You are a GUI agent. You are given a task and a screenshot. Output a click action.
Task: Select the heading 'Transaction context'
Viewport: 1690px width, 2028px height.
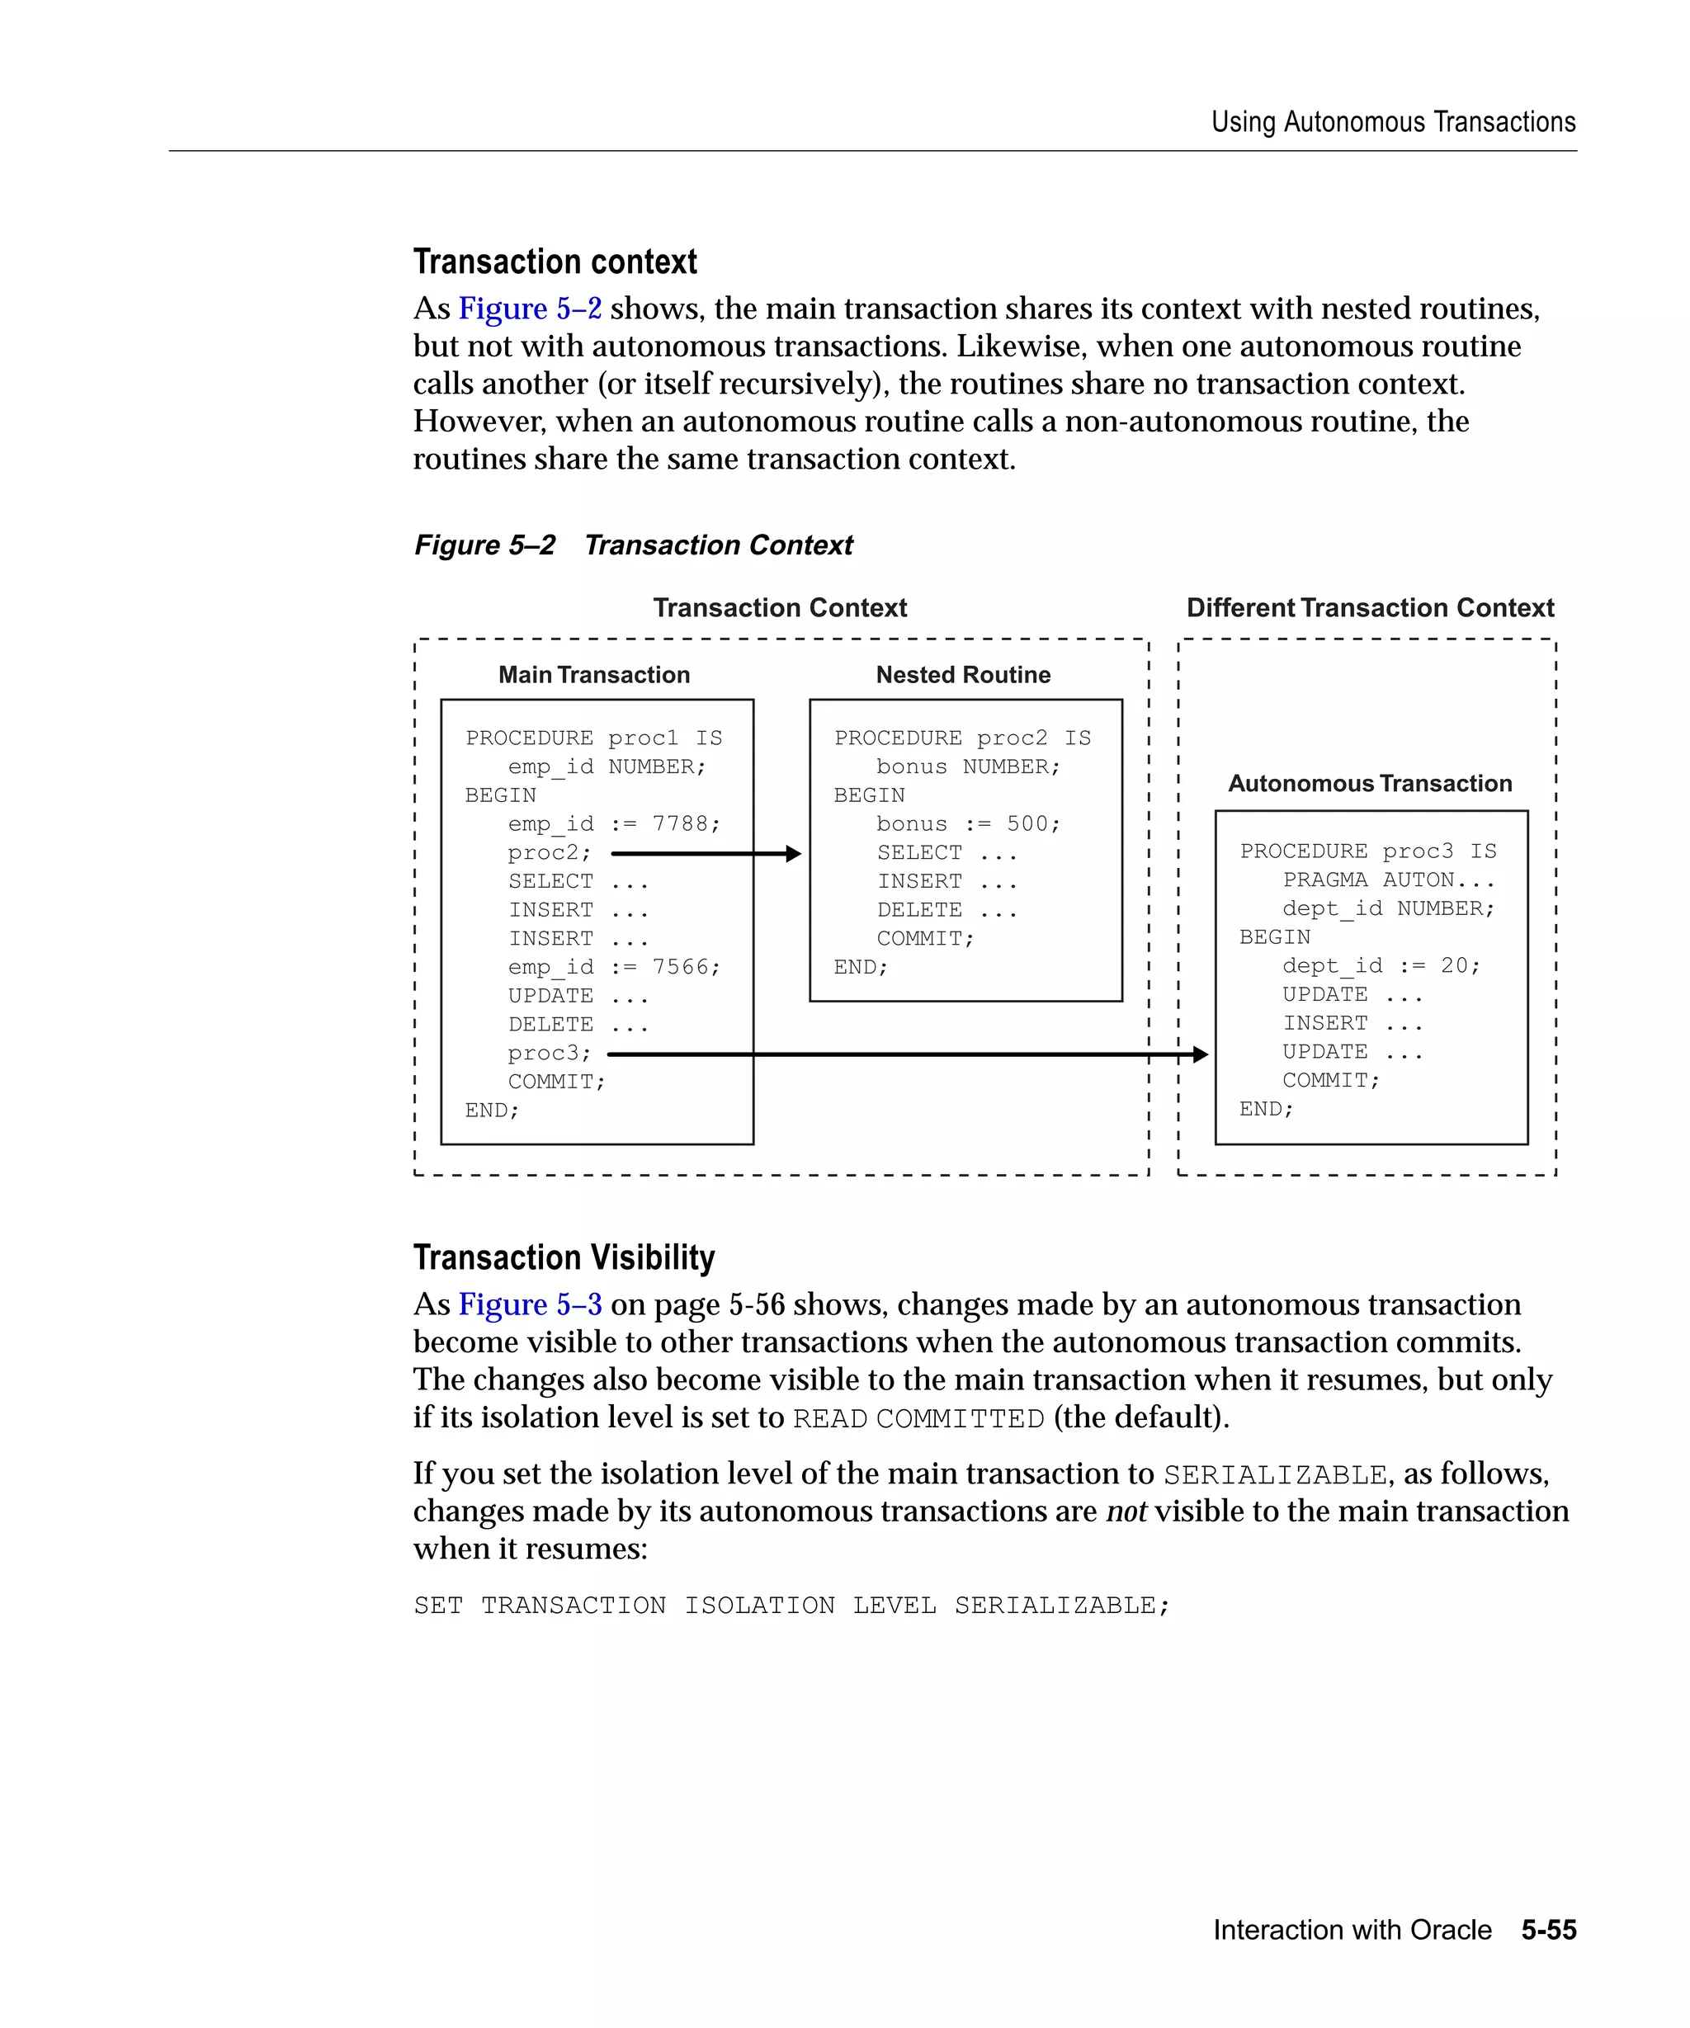click(555, 262)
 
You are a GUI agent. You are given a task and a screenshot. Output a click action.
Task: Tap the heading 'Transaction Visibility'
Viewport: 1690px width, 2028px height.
click(563, 1257)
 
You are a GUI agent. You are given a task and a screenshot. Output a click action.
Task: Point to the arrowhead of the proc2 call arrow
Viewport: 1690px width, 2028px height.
click(794, 854)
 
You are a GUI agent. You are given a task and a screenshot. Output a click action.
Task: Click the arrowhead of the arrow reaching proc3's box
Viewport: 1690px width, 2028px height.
click(1201, 1054)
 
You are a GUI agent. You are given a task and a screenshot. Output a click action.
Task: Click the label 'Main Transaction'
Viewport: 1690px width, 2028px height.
click(594, 675)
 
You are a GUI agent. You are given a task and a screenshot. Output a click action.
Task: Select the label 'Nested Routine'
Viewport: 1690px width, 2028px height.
click(963, 675)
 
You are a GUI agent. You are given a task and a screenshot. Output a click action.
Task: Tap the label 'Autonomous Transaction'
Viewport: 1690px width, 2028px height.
click(1369, 783)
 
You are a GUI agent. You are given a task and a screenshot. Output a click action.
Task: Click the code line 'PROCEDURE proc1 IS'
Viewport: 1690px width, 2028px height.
click(593, 738)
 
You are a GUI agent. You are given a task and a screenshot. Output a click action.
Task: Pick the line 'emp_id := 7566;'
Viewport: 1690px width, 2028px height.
click(614, 968)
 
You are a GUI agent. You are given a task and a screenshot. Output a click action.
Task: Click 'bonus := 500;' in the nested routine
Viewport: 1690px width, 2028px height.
click(968, 825)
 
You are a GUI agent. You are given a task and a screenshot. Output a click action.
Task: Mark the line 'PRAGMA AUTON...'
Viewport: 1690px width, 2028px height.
click(1388, 880)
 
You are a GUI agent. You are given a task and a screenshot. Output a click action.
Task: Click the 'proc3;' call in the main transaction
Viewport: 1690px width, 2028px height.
click(550, 1054)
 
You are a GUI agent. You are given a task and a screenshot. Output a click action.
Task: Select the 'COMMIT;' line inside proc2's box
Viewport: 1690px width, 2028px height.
click(925, 939)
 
